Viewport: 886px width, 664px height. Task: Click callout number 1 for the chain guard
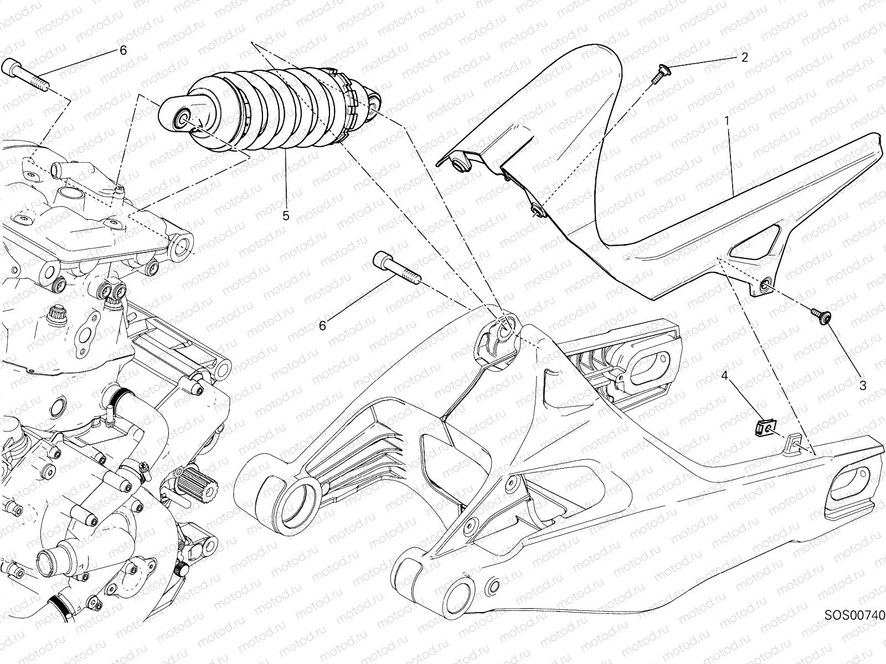click(727, 121)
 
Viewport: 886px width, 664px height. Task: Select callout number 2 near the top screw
click(745, 57)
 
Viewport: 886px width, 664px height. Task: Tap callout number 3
click(863, 386)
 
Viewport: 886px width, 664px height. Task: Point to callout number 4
click(724, 376)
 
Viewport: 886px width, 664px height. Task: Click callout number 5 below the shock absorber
click(286, 216)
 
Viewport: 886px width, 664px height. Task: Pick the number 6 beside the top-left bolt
click(123, 50)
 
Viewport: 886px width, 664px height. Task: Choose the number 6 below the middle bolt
click(322, 326)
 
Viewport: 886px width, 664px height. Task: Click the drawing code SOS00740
click(854, 615)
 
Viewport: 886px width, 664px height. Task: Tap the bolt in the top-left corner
click(26, 75)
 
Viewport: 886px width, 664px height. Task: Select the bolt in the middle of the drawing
click(398, 268)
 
